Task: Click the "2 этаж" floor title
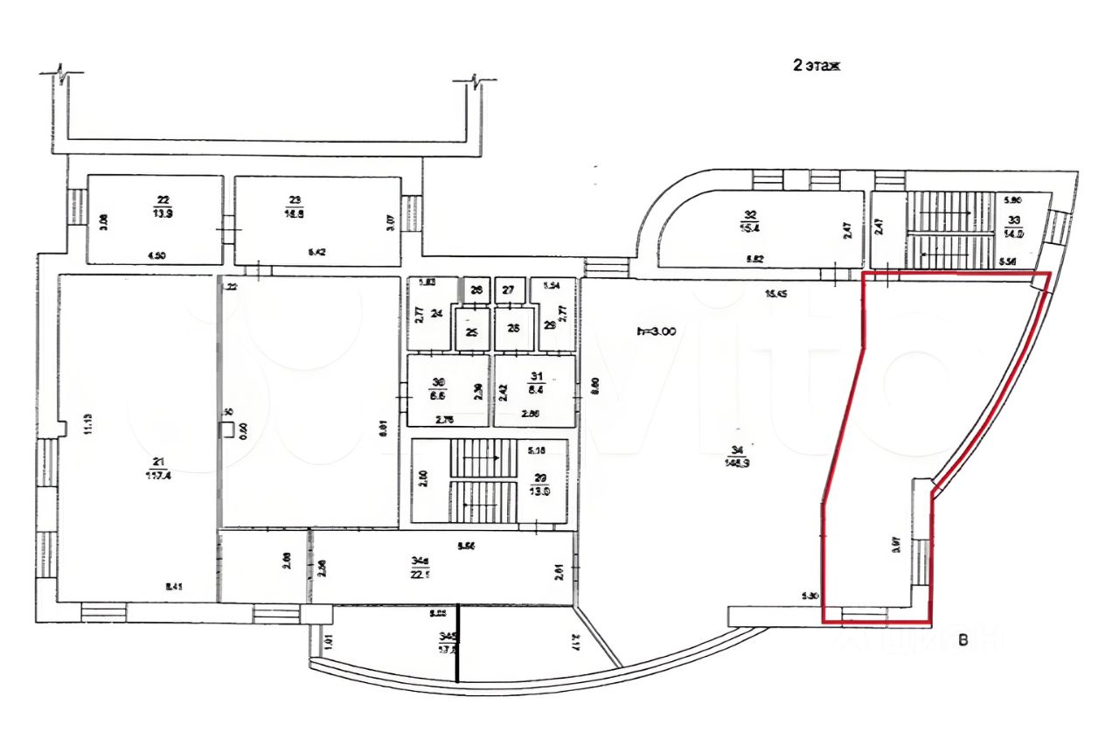816,66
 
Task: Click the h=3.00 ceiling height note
659,331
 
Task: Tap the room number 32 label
749,215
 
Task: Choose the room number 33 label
1014,220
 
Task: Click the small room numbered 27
507,290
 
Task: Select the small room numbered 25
473,332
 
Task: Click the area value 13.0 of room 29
541,491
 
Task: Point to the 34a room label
421,560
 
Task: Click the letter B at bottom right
963,641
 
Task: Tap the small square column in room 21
226,429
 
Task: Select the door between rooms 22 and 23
229,234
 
